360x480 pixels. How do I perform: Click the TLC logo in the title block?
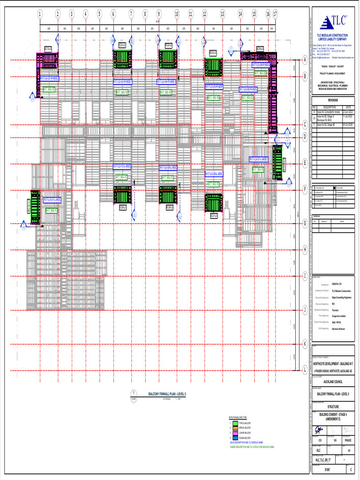[x=334, y=22]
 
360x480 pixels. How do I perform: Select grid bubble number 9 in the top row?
[x=159, y=14]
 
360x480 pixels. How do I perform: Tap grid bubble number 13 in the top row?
[x=222, y=14]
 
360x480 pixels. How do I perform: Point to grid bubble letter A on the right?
[x=305, y=60]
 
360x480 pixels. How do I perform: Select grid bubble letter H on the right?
[x=305, y=249]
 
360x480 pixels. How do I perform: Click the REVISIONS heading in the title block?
[x=332, y=100]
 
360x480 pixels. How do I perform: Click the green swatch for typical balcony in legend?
[x=235, y=423]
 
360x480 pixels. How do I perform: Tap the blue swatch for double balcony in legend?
[x=235, y=437]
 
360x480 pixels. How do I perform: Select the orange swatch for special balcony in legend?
[x=235, y=427]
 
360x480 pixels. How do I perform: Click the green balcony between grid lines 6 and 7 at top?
[x=122, y=60]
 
